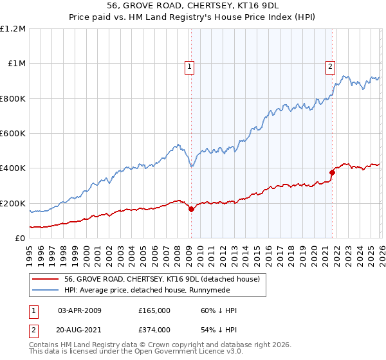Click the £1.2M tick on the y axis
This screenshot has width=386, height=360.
pos(13,29)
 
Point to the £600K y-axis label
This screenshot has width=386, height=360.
pos(13,134)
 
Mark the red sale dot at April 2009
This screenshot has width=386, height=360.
pos(191,210)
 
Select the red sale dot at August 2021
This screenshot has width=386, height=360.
pos(333,172)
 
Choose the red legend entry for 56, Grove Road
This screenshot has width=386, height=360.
pos(161,279)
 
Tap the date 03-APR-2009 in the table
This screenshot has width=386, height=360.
pos(80,310)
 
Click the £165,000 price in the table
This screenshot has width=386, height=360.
pos(154,310)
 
